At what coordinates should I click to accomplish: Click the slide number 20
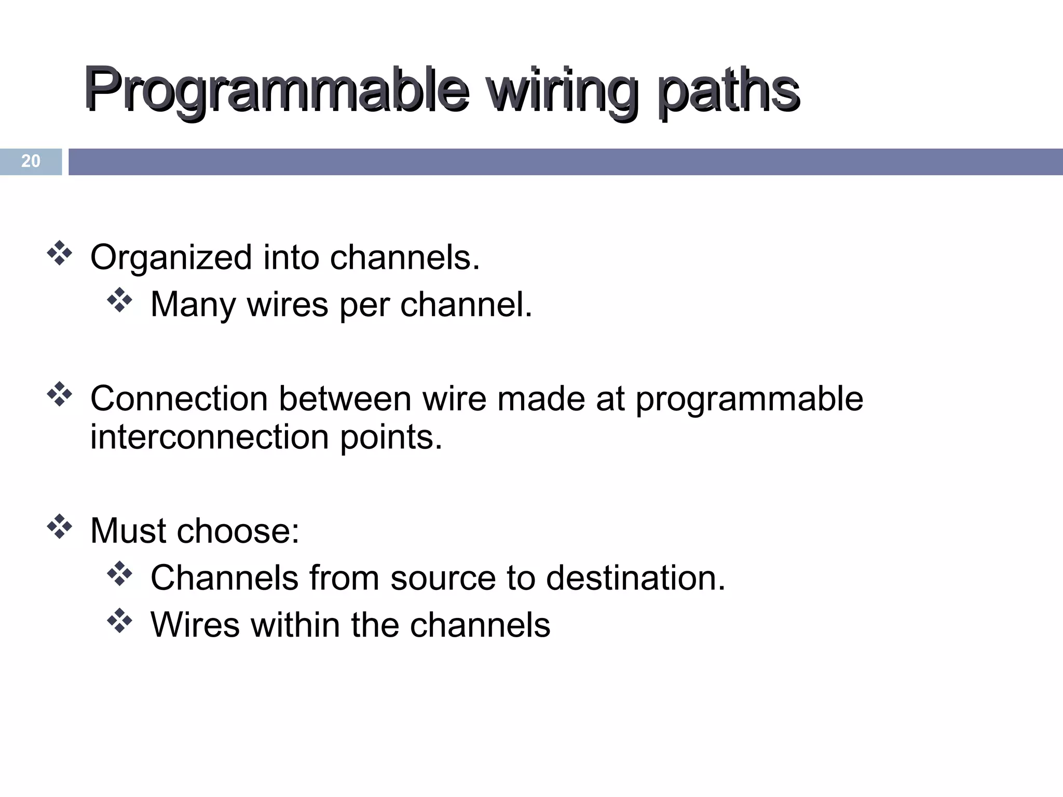point(31,161)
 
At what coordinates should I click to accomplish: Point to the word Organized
point(171,258)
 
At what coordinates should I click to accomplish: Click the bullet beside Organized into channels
point(59,254)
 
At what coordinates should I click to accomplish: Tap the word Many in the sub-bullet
point(193,305)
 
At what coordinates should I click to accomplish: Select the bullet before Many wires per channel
point(119,300)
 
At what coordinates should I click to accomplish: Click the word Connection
point(179,399)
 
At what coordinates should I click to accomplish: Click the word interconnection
point(210,437)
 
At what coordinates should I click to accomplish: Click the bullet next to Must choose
point(59,527)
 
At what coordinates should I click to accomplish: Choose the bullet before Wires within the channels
point(119,621)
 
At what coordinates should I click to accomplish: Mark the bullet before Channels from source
point(119,574)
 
